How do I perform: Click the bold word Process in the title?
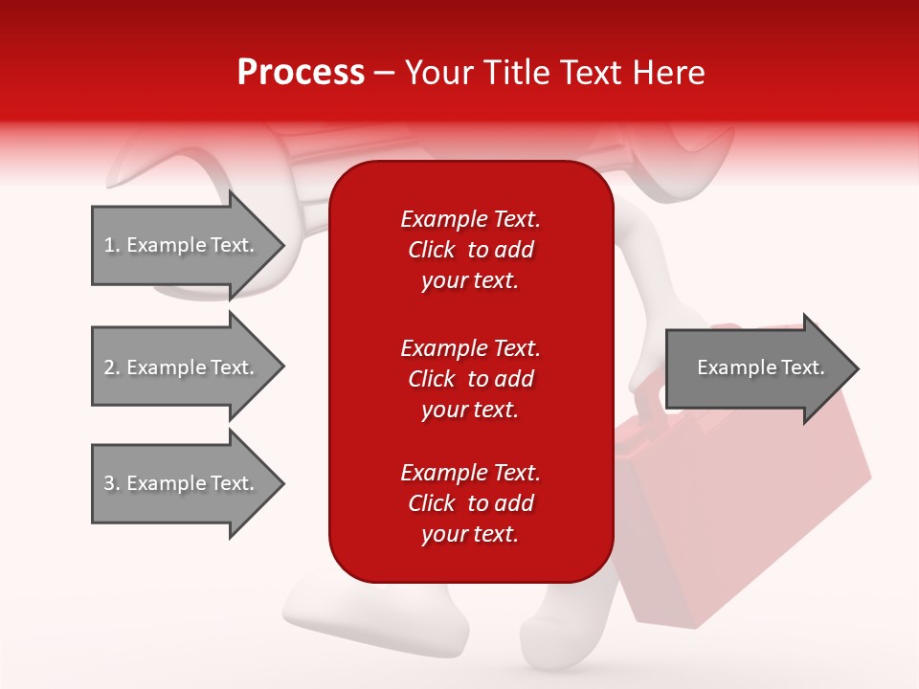click(x=301, y=73)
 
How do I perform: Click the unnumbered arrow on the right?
click(x=756, y=368)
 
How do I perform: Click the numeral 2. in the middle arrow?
click(x=112, y=367)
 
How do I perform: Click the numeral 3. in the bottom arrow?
click(x=112, y=483)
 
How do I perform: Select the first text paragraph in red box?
click(x=470, y=250)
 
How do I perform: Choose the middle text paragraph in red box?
click(x=470, y=379)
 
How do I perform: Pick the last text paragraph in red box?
click(x=470, y=503)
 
